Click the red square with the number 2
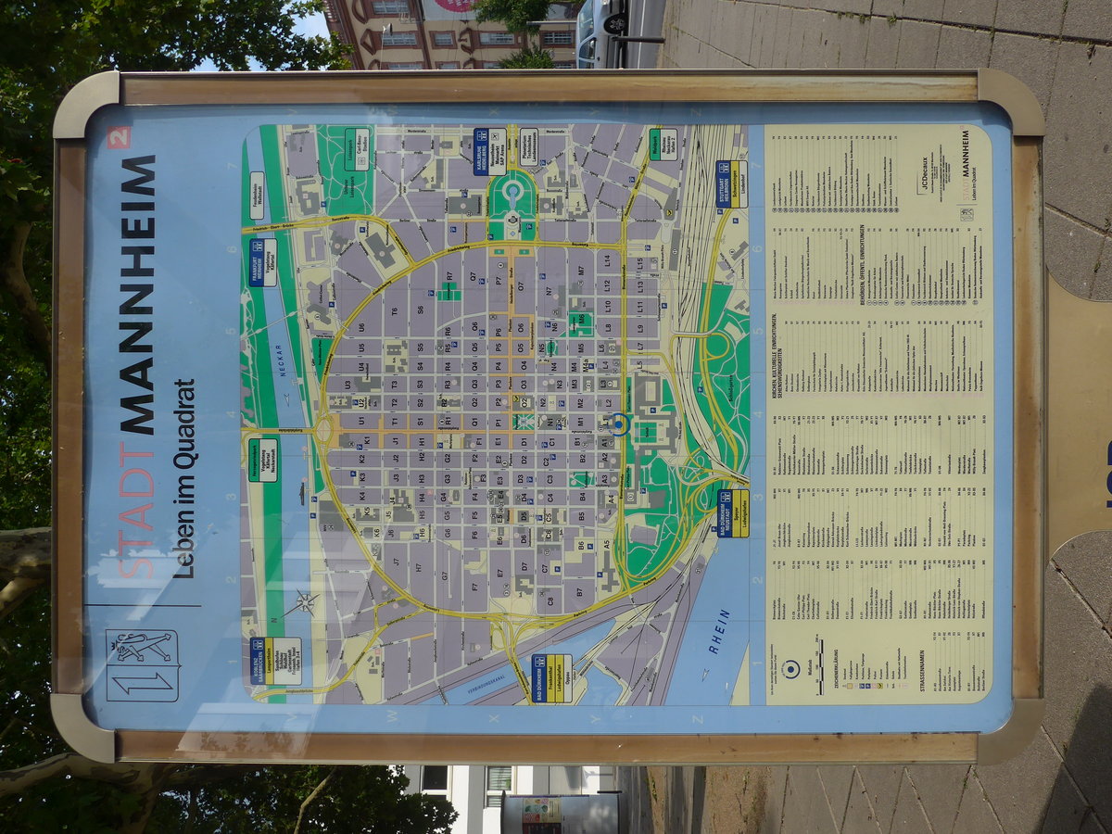(119, 137)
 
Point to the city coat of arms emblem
(142, 665)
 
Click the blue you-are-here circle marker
(619, 424)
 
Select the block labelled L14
(608, 260)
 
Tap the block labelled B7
(580, 592)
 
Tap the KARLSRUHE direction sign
(490, 151)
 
